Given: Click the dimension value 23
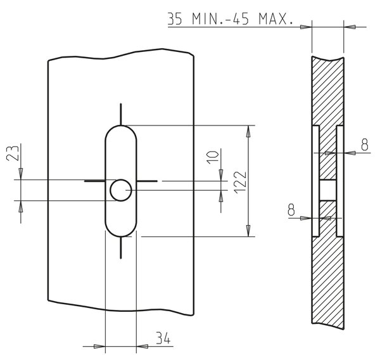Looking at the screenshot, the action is coord(13,153).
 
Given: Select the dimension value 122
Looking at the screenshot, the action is coord(240,183).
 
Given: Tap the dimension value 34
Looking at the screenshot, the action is coord(163,338).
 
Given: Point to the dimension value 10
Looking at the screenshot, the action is coord(213,157).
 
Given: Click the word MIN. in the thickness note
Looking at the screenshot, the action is coord(208,18).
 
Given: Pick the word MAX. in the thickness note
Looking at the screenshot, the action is coord(275,18).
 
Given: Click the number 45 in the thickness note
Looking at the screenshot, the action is coord(241,18).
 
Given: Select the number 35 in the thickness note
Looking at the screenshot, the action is coord(175,18).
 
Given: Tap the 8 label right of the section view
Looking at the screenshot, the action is coord(365,145).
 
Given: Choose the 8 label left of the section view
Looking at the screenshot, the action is coord(291,210).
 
